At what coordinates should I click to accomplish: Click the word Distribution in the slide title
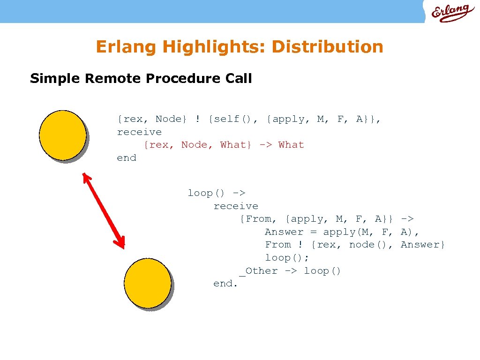click(x=327, y=47)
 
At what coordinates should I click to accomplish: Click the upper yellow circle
click(x=62, y=135)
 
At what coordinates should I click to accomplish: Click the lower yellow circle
click(x=147, y=284)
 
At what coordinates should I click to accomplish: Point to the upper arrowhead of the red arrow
click(x=86, y=177)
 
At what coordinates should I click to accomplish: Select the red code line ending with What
click(x=224, y=145)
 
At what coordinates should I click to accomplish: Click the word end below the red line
click(x=127, y=158)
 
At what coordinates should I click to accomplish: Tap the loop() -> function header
click(x=217, y=193)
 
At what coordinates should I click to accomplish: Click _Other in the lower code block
click(x=258, y=271)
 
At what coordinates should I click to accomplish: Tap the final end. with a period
click(x=226, y=284)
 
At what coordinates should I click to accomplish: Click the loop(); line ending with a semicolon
click(x=287, y=258)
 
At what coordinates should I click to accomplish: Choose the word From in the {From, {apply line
click(x=258, y=219)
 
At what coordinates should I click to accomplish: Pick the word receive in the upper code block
click(x=139, y=132)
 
